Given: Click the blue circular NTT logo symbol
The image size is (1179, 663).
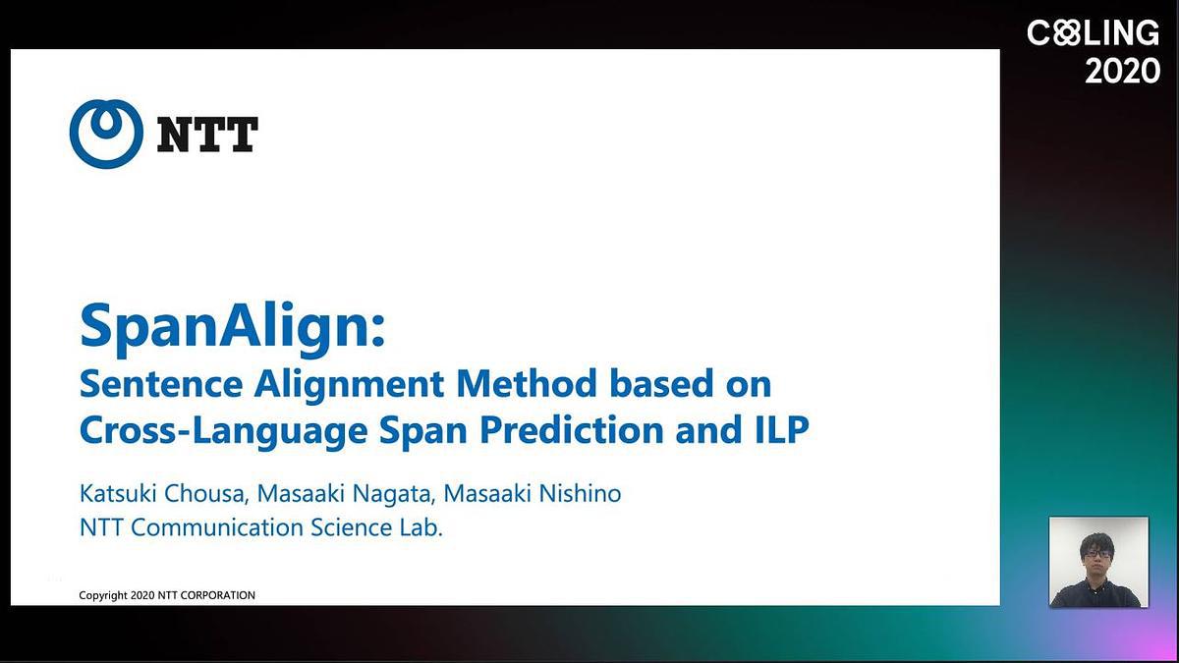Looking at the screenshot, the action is (106, 135).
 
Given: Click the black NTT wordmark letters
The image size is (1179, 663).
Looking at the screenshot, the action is (207, 135).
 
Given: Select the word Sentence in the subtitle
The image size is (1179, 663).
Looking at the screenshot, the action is (161, 384).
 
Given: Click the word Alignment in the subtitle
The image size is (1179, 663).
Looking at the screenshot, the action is (349, 386).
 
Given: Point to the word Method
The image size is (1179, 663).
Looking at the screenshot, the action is (527, 384).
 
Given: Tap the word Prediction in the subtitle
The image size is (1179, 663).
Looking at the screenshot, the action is (571, 430).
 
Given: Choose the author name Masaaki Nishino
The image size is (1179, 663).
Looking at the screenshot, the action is (533, 493).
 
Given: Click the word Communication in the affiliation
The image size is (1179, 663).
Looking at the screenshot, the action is (217, 527).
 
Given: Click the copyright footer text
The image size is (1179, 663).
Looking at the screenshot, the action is (167, 595).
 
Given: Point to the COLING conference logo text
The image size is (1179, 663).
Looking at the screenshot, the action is (1093, 32).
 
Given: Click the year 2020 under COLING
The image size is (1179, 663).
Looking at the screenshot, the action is (1122, 71).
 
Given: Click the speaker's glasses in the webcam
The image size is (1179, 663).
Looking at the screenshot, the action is (1098, 554).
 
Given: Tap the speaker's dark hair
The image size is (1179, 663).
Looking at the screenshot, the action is (1097, 543).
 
